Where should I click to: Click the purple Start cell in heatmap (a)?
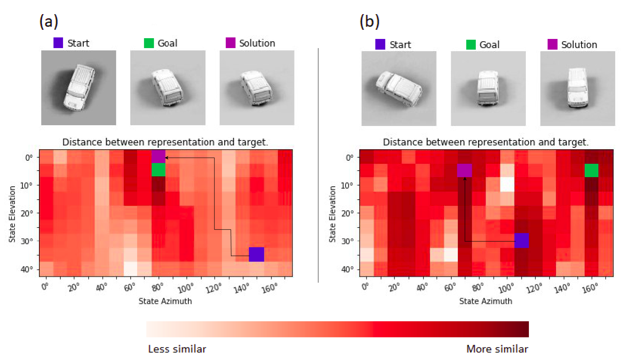tap(256, 254)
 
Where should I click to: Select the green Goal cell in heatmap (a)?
tap(158, 170)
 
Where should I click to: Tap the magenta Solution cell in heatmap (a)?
tap(158, 156)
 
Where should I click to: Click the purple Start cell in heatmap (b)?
tap(522, 241)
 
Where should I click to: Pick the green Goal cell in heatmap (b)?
tap(591, 170)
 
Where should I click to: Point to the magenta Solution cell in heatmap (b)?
tap(464, 170)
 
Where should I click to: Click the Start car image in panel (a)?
tap(79, 88)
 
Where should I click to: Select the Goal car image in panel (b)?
tap(488, 89)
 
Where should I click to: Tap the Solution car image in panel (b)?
tap(577, 89)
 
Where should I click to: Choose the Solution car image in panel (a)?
tap(257, 88)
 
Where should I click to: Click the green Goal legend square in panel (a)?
tap(149, 43)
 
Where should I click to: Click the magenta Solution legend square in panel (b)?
tap(552, 44)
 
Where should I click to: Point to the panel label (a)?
tap(48, 21)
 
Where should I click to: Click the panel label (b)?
tap(369, 21)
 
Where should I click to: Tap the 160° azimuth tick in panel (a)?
tap(269, 289)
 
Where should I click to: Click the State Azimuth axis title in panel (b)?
tap(485, 301)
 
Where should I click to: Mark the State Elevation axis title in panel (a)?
tap(12, 214)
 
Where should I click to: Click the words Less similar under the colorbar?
tap(177, 349)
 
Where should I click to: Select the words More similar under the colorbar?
tap(497, 349)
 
